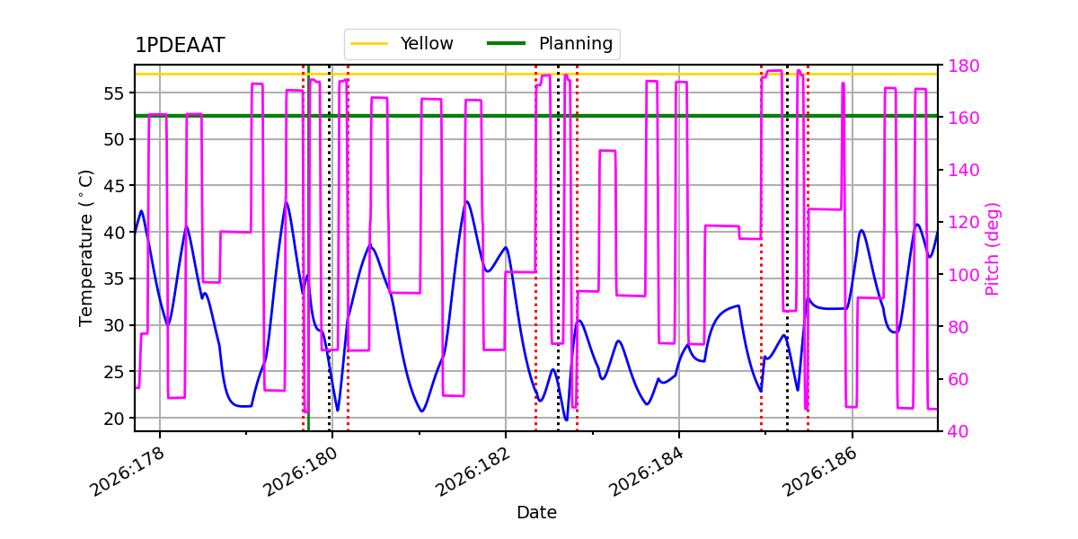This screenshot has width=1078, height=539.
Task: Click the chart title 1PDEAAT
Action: pyautogui.click(x=180, y=45)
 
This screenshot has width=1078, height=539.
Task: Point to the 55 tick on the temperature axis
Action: pyautogui.click(x=113, y=93)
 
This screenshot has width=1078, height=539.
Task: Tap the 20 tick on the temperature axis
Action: pyautogui.click(x=113, y=419)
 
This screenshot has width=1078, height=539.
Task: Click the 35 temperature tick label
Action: pyautogui.click(x=113, y=279)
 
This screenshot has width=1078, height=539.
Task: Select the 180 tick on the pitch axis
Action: pyautogui.click(x=963, y=66)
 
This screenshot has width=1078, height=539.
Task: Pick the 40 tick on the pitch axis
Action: pyautogui.click(x=959, y=431)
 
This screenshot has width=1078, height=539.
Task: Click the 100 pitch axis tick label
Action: pyautogui.click(x=963, y=275)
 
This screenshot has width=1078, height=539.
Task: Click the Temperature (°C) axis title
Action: pyautogui.click(x=85, y=248)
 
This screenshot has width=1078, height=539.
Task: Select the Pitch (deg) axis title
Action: pyautogui.click(x=993, y=249)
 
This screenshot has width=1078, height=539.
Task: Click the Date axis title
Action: pyautogui.click(x=536, y=513)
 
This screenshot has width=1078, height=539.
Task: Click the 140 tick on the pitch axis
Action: pyautogui.click(x=963, y=171)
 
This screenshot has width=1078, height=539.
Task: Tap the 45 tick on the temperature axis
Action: pyautogui.click(x=113, y=186)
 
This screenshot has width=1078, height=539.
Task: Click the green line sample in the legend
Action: pyautogui.click(x=507, y=43)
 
